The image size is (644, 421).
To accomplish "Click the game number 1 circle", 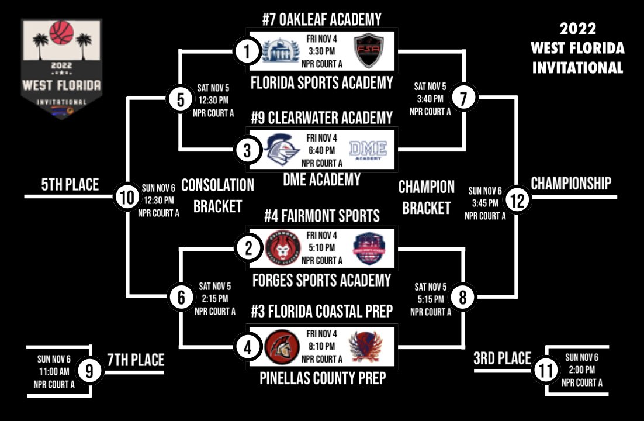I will (247, 52).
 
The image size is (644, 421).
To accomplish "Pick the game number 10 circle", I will (126, 197).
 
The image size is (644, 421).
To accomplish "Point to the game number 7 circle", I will (463, 98).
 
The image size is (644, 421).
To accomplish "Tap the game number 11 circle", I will (545, 370).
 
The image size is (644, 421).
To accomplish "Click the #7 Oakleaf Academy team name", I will (321, 19).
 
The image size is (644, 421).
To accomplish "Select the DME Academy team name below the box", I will (321, 180).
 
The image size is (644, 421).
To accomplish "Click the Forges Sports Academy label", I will (321, 280).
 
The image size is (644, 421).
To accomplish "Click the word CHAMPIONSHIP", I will (571, 184).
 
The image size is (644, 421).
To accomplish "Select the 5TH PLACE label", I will (70, 185).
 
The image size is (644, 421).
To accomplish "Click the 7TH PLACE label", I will (136, 359).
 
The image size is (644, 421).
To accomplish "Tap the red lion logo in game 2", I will (279, 249).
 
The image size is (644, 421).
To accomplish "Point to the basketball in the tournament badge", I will (61, 33).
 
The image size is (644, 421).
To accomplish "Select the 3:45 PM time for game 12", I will (485, 203).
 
